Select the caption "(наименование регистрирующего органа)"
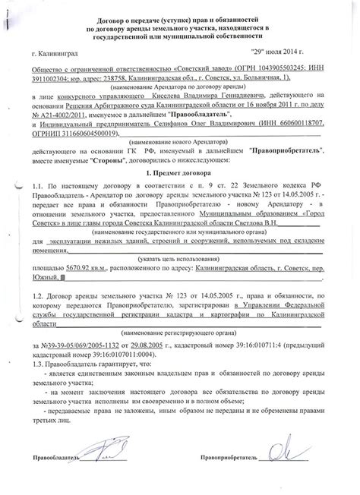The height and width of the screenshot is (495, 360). (180, 345)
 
